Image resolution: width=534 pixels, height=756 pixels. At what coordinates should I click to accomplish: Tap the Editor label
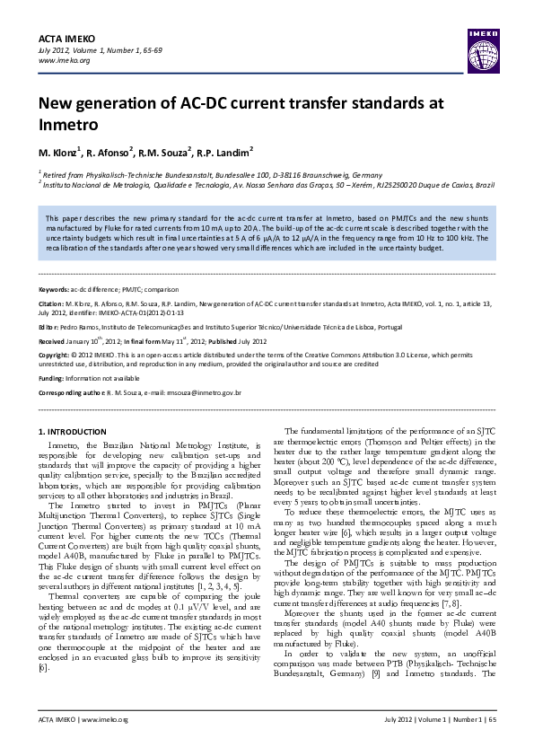(x=48, y=328)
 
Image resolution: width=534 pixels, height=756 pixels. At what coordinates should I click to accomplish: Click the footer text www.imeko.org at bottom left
(x=106, y=745)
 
